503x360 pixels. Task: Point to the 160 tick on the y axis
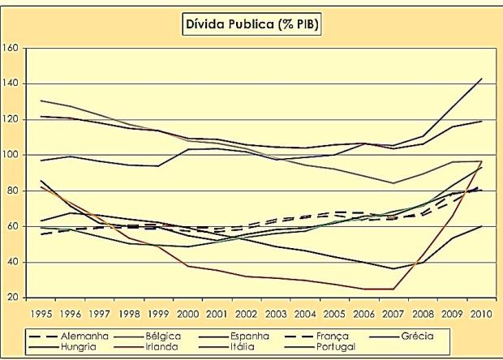[11, 48]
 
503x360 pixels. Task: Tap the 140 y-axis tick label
[11, 84]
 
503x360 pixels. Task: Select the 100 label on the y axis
[11, 155]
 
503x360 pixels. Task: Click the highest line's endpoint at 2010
[484, 79]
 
